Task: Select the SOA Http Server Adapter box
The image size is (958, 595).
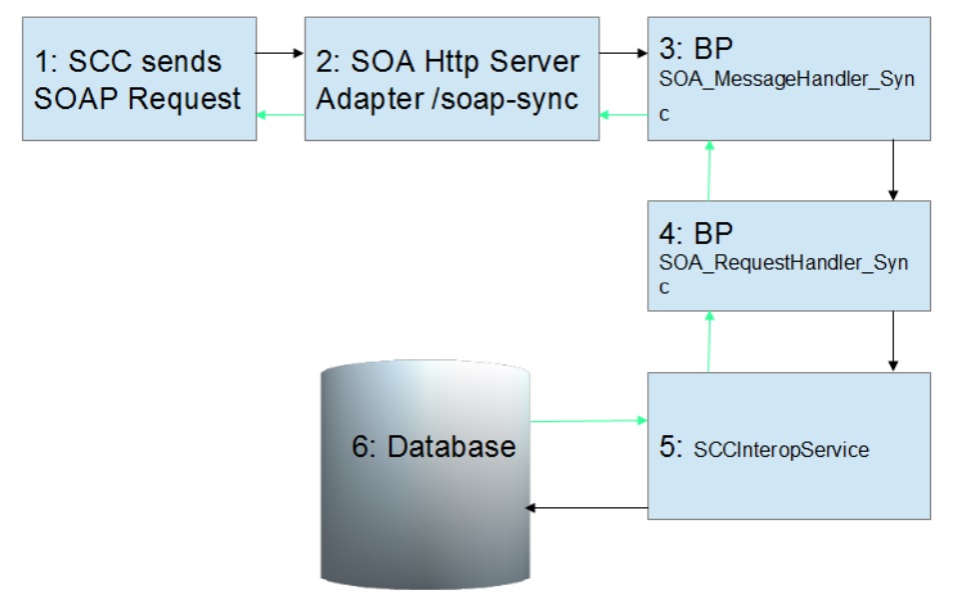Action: pos(452,78)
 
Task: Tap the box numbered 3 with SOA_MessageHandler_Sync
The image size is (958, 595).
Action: pos(788,78)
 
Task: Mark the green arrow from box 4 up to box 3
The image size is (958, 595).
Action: pos(709,170)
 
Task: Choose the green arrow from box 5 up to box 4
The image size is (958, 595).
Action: pos(709,341)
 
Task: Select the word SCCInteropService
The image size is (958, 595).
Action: pos(780,450)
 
